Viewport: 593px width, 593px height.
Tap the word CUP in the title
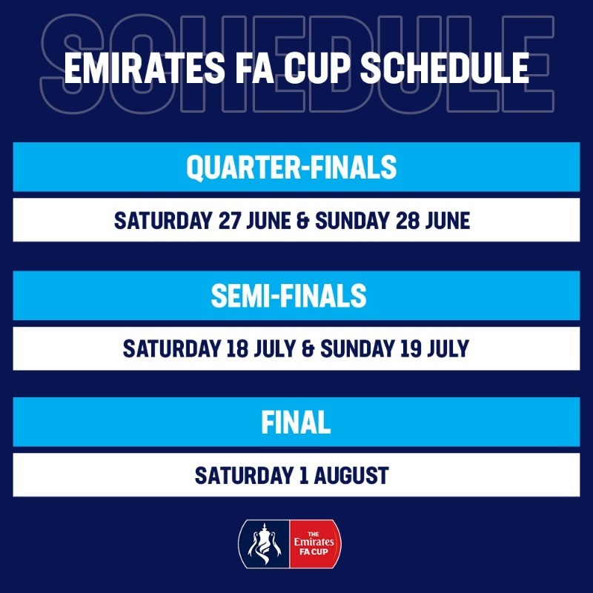(318, 68)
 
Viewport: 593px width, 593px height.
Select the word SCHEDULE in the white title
(445, 68)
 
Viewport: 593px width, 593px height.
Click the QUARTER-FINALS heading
(291, 167)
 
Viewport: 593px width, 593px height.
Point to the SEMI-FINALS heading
(288, 295)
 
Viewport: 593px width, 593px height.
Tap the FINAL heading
(296, 422)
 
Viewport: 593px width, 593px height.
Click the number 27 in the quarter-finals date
(229, 220)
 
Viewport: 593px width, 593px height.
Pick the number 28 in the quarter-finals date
(407, 220)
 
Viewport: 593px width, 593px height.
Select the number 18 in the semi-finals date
(236, 348)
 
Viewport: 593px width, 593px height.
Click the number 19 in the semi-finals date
(411, 348)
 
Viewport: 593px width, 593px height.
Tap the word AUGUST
(351, 475)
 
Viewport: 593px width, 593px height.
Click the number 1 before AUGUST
(303, 475)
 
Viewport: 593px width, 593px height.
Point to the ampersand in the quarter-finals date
(303, 221)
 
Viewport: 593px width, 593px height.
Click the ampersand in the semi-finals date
(308, 348)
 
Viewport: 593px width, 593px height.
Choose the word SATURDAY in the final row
(244, 475)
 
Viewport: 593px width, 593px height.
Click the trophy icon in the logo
(265, 544)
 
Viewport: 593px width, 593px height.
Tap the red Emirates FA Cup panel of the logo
(315, 544)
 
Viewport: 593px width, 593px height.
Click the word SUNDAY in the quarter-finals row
(353, 220)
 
